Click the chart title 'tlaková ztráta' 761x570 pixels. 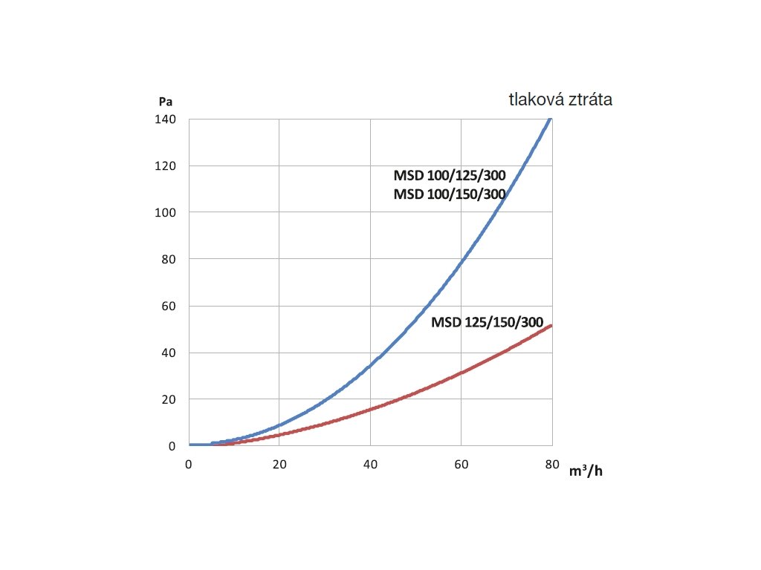click(x=560, y=99)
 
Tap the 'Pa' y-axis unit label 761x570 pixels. click(x=165, y=102)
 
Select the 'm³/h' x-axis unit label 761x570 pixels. click(x=586, y=472)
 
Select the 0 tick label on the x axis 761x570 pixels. click(x=189, y=465)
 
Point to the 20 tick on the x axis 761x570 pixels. click(x=279, y=465)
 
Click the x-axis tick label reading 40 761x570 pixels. click(x=370, y=465)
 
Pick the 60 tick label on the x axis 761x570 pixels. click(x=461, y=465)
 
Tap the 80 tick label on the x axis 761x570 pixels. click(x=552, y=465)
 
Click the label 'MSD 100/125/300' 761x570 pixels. click(x=450, y=177)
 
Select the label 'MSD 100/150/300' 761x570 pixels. click(x=450, y=194)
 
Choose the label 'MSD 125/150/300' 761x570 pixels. click(x=487, y=323)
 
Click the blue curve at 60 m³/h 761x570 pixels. click(x=462, y=260)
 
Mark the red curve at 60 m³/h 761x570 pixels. click(x=462, y=373)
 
